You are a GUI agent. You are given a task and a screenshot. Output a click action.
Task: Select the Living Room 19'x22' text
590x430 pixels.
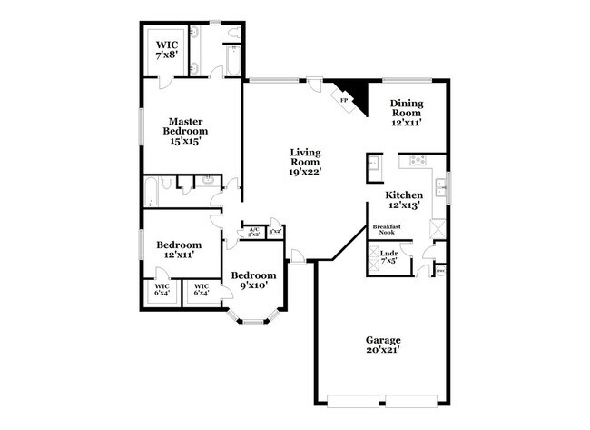(x=306, y=161)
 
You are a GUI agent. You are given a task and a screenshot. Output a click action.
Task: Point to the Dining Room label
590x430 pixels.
(x=405, y=112)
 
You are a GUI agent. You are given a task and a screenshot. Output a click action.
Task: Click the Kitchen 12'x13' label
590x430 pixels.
(x=404, y=200)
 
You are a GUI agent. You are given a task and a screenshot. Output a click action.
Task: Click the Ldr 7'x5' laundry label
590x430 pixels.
(x=388, y=256)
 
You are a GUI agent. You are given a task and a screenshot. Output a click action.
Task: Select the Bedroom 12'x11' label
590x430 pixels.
(x=178, y=250)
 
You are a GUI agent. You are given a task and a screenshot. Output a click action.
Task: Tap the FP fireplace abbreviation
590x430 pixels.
(x=345, y=100)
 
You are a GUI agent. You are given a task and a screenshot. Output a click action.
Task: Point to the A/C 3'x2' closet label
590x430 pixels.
(x=253, y=232)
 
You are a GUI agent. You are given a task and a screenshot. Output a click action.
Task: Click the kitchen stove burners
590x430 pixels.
(x=418, y=161)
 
